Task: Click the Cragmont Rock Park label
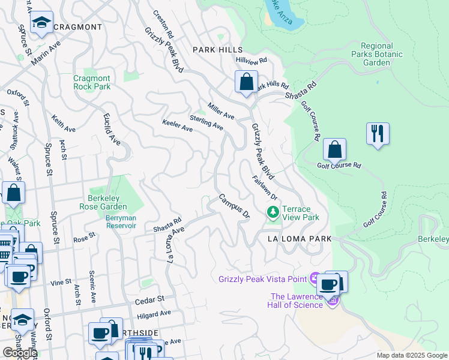[x=92, y=82]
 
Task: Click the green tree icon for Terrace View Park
[x=273, y=212]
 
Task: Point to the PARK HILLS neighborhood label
[x=217, y=50]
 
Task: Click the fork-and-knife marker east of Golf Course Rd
[x=378, y=133]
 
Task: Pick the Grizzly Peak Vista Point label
[x=262, y=278]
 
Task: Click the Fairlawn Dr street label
[x=265, y=188]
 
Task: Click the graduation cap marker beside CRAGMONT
[x=41, y=23]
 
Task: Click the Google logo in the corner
[x=19, y=353]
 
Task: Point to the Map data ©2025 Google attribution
[x=411, y=355]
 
